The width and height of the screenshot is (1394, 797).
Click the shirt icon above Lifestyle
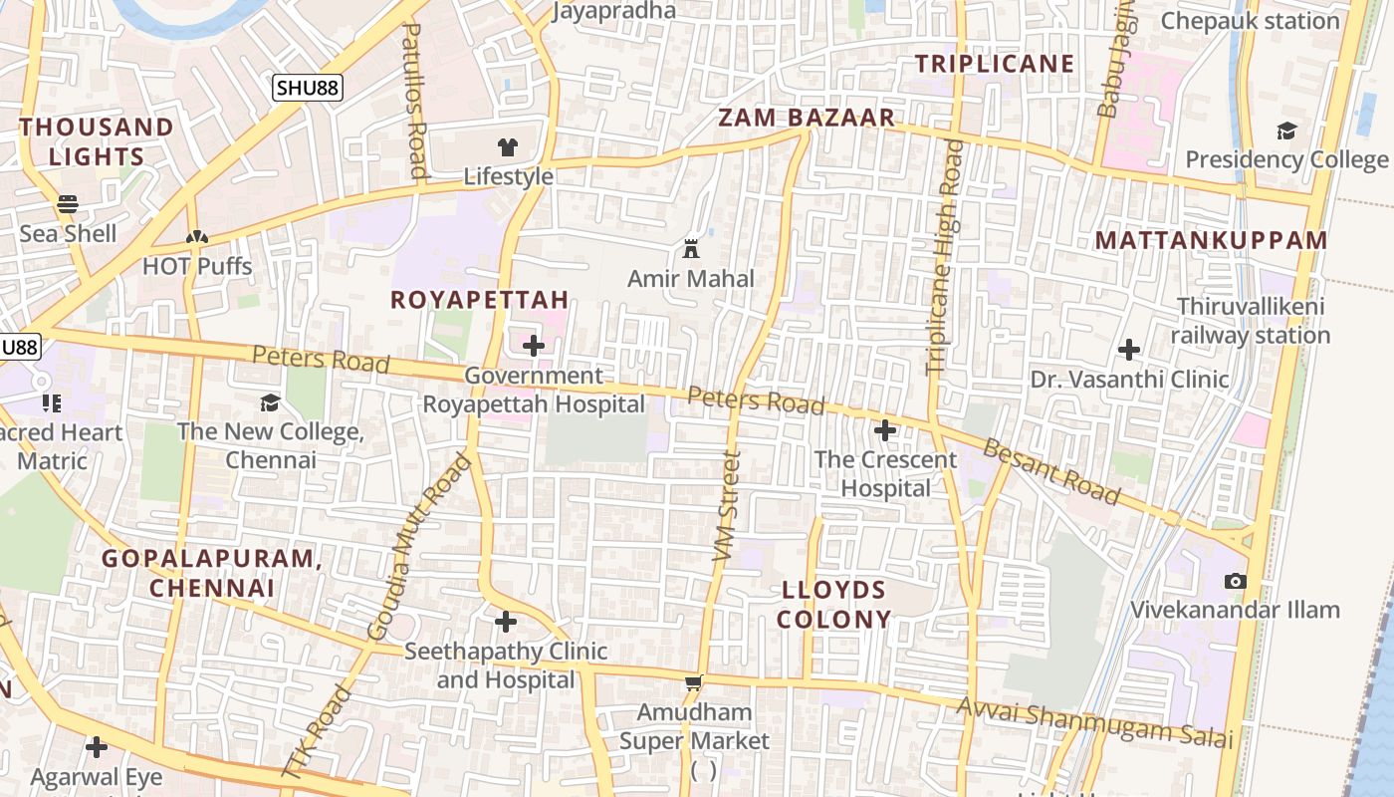pos(508,147)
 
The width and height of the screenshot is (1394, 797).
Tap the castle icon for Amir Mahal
pos(691,249)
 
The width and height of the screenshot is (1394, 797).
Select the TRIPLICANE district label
pos(995,64)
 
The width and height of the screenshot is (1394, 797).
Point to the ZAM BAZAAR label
pos(807,118)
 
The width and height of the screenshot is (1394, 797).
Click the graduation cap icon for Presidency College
pos(1286,131)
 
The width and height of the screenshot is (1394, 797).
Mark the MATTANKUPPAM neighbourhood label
pos(1212,240)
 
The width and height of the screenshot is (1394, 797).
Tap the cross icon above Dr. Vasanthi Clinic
pos(1128,350)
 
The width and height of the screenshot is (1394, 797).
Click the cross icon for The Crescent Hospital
pos(884,430)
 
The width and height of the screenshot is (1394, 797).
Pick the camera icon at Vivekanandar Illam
pos(1235,581)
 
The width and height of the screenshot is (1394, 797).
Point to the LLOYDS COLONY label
pos(833,604)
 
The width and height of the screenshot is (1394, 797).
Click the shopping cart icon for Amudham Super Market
pos(694,683)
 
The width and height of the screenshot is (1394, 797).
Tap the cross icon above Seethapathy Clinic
pos(506,622)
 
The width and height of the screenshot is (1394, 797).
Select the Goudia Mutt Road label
pos(418,547)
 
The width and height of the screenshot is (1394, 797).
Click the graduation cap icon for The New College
pos(270,402)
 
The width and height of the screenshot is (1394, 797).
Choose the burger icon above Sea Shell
pos(68,204)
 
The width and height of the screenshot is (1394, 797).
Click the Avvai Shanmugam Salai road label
pos(1095,722)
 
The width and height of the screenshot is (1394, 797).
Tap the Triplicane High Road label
pos(944,257)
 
